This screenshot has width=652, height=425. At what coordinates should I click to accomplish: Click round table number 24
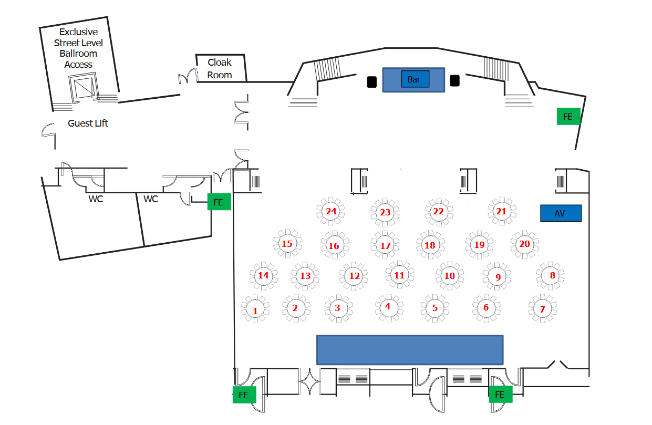coord(331,211)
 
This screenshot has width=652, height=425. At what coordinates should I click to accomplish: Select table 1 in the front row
coord(255,310)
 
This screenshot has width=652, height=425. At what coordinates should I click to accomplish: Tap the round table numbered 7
coord(543,309)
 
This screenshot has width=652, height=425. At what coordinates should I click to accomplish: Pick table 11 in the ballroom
coord(399,275)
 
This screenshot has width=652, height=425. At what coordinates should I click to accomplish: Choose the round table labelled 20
coord(524,244)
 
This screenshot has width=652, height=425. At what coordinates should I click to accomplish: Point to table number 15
coord(287,244)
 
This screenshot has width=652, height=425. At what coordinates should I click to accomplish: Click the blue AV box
coord(561,213)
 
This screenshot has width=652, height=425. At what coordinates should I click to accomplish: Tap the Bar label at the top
coord(414,79)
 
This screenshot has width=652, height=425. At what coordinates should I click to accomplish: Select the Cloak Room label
coord(220,69)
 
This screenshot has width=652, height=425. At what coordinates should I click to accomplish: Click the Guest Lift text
coord(88,123)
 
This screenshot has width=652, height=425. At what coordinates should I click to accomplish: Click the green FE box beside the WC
coord(219,201)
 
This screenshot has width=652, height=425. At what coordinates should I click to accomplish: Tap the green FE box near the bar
coord(568,117)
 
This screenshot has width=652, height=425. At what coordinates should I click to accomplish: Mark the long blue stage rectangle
coord(410,350)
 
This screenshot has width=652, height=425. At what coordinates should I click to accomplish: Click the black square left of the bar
coord(371,82)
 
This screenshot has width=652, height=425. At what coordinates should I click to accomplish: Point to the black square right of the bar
coord(455,81)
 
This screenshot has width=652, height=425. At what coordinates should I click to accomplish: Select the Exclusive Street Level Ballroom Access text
coord(79,48)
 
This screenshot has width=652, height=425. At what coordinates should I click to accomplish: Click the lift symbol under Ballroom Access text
coord(82,88)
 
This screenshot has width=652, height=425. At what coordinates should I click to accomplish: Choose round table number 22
coord(438,211)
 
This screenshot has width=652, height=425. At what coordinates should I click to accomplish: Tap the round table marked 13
coord(305,276)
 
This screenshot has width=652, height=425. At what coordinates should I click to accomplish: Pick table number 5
coord(435,308)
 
